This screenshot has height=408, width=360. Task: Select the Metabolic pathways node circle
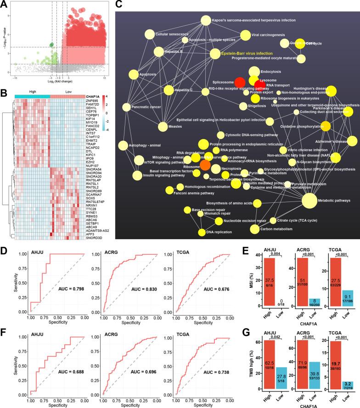pos(309,201)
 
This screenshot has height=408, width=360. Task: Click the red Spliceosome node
pos(240,82)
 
